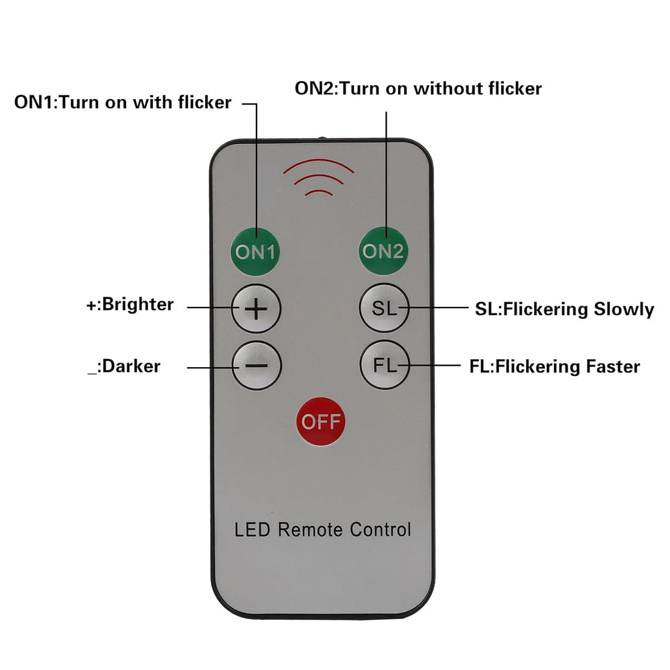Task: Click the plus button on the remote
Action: [x=257, y=308]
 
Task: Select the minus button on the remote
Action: [x=257, y=366]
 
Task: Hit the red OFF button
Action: [x=321, y=421]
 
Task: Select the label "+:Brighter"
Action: [x=130, y=305]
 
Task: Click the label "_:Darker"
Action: [x=124, y=366]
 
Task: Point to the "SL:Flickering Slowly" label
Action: [x=564, y=309]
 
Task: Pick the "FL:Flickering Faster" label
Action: [x=555, y=366]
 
